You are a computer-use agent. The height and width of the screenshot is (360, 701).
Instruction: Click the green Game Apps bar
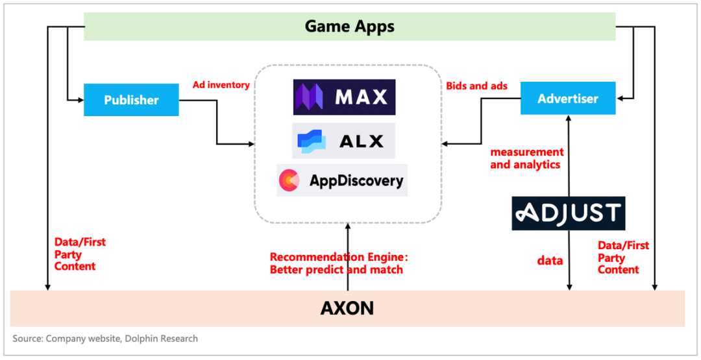pyautogui.click(x=349, y=27)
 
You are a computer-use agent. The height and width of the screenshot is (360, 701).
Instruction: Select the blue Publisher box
pyautogui.click(x=131, y=100)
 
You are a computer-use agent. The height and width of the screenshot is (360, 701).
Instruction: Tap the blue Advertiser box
pyautogui.click(x=568, y=99)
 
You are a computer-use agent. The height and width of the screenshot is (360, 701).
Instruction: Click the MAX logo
pyautogui.click(x=344, y=97)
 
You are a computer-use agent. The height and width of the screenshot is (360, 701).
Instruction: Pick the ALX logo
pyautogui.click(x=343, y=140)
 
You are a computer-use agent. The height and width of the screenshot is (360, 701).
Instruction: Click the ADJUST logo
pyautogui.click(x=568, y=213)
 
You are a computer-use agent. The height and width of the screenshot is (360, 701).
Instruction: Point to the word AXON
pyautogui.click(x=347, y=308)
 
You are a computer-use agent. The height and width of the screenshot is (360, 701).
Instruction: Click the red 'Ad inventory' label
pyautogui.click(x=221, y=85)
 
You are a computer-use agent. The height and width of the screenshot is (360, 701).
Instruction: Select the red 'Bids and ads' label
pyautogui.click(x=476, y=86)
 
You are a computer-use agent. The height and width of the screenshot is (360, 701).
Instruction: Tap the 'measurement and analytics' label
pyautogui.click(x=526, y=158)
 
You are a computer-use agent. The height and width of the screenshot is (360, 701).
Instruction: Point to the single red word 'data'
pyautogui.click(x=550, y=260)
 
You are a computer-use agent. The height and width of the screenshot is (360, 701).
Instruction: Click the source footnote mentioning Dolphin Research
pyautogui.click(x=105, y=339)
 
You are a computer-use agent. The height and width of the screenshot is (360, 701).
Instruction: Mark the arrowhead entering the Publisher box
pyautogui.click(x=80, y=100)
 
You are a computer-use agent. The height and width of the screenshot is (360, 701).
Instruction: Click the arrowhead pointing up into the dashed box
pyautogui.click(x=348, y=226)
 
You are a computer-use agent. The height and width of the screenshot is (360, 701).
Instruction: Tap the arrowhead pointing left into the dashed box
pyautogui.click(x=447, y=144)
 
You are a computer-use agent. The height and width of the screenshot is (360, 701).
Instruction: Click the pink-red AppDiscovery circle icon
pyautogui.click(x=289, y=180)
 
